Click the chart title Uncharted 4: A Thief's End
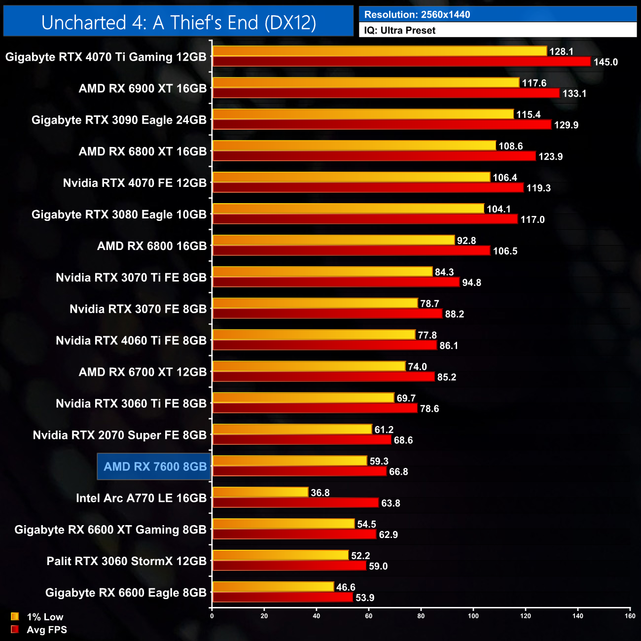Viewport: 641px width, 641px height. tap(178, 23)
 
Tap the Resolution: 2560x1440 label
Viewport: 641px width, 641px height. tap(417, 15)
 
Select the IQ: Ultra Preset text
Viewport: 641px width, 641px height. tap(400, 31)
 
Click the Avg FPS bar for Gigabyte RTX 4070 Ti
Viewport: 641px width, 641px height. tap(401, 62)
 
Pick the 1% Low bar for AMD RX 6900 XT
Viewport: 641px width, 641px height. tap(365, 82)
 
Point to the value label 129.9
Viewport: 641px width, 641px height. tap(566, 125)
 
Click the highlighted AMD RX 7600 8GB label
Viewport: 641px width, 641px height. tap(155, 466)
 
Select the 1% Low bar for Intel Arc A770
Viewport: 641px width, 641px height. tap(260, 492)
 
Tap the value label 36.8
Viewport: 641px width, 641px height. tap(320, 493)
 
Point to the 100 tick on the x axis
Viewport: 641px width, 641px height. tap(473, 616)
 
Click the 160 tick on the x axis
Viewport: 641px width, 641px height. tap(630, 616)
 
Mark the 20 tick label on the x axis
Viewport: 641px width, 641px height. tap(264, 616)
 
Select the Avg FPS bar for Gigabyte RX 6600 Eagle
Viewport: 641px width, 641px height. tap(283, 598)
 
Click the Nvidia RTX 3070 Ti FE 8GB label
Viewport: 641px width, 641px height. tap(131, 278)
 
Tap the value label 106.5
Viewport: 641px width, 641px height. tap(505, 251)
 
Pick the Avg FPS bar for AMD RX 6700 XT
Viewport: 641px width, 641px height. tap(323, 377)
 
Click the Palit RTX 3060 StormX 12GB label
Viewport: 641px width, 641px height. tap(126, 561)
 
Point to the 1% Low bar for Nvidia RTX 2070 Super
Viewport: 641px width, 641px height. tap(292, 429)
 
